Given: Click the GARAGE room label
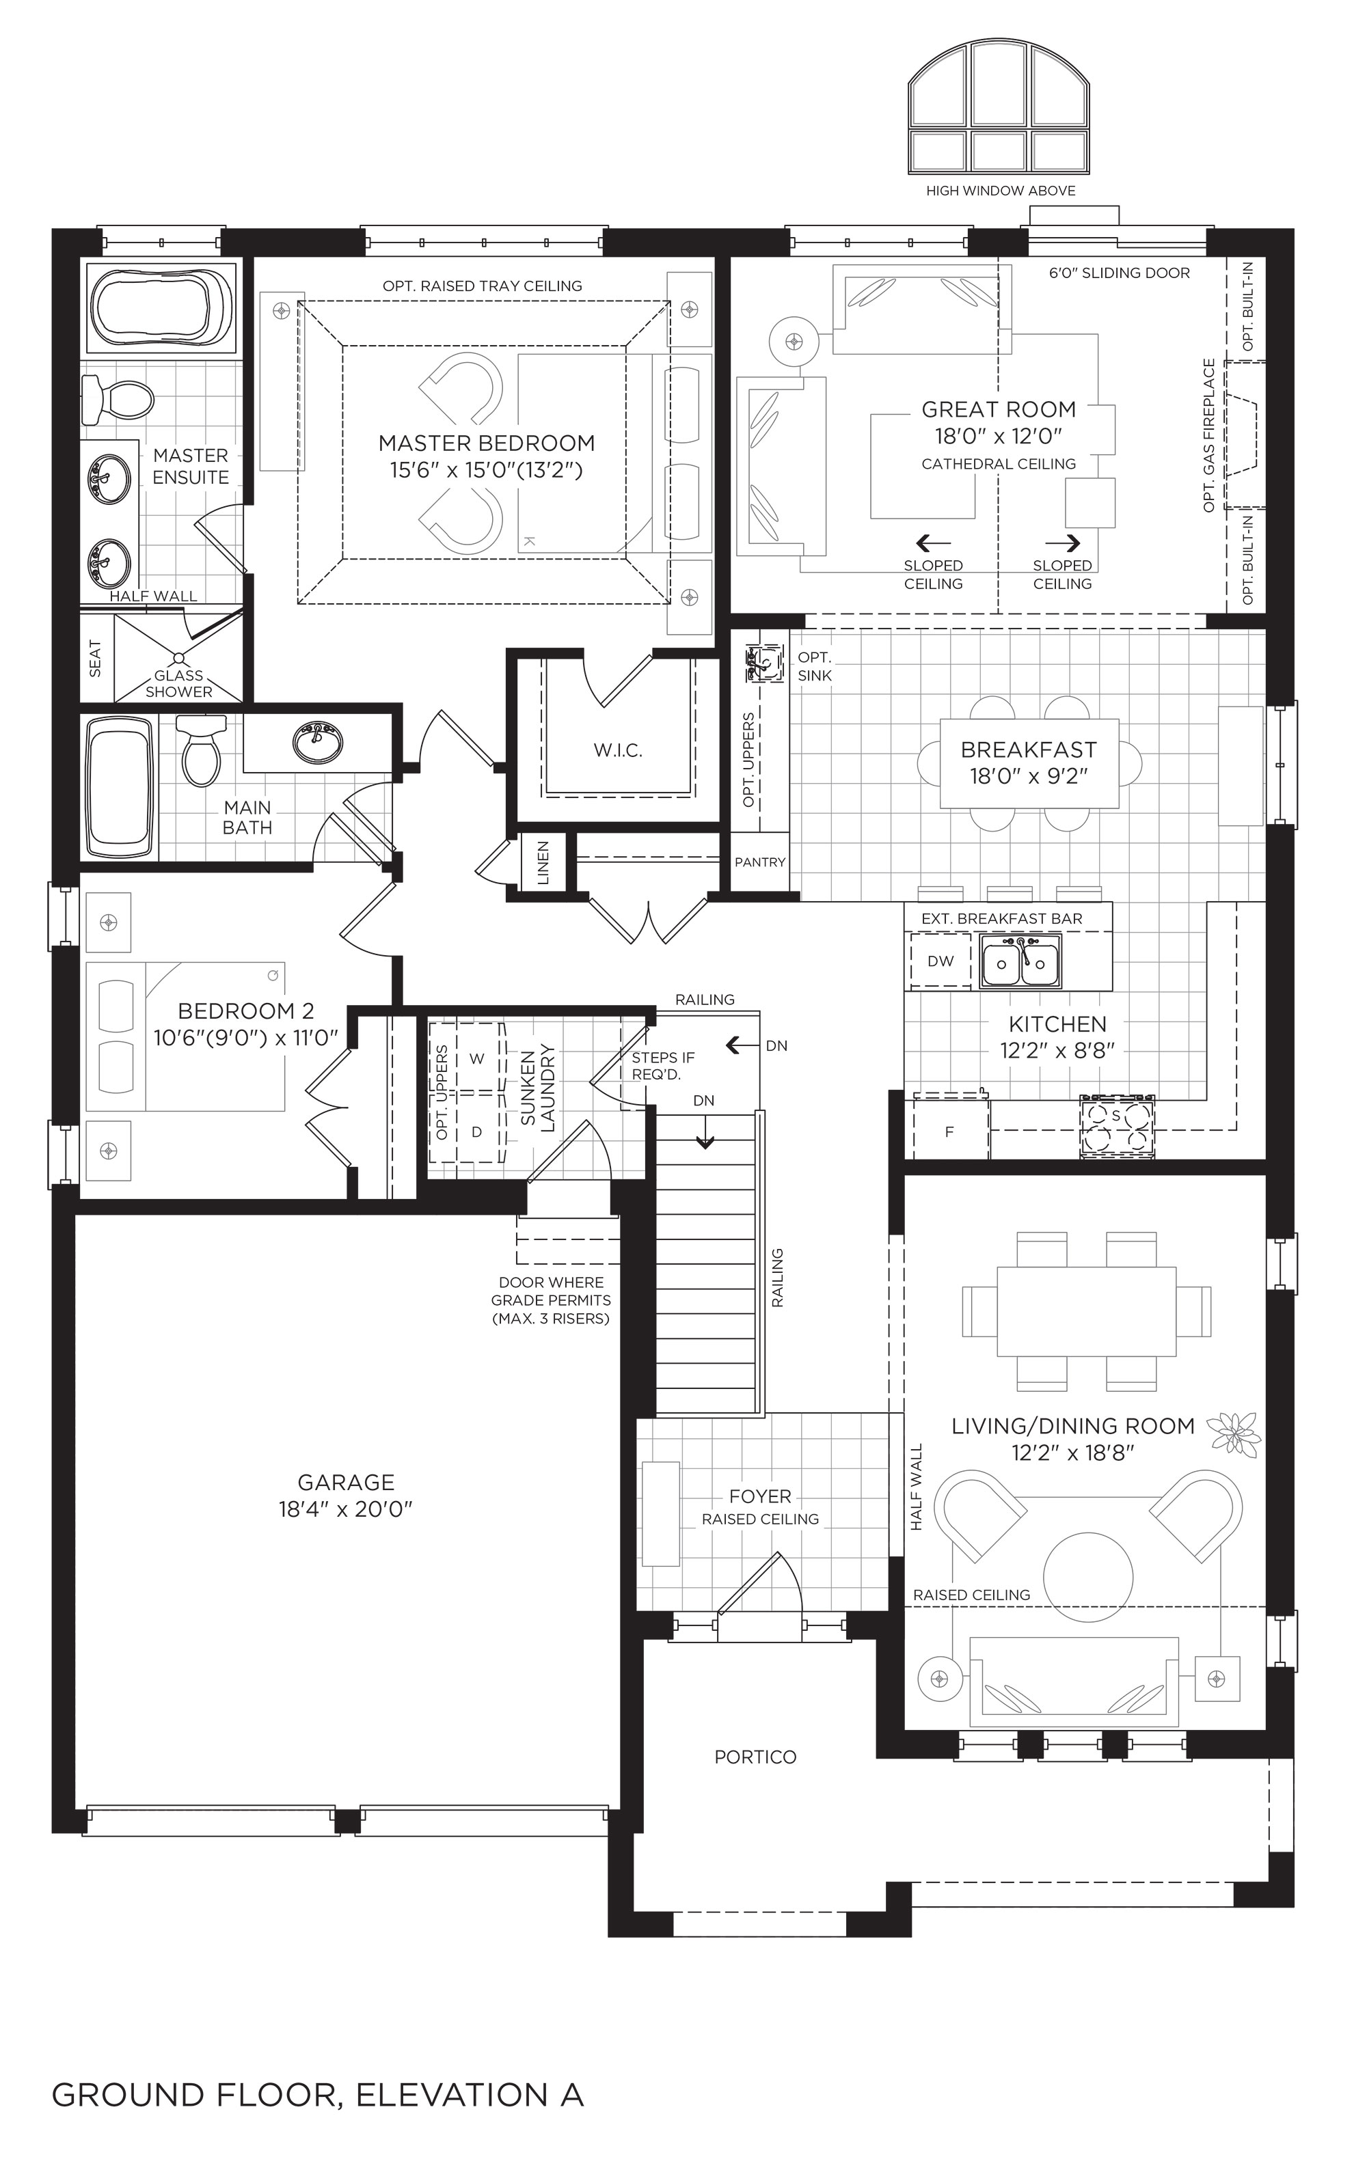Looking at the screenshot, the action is click(347, 1482).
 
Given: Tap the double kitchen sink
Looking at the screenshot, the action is click(1020, 961).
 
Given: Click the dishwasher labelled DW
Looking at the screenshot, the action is click(940, 961).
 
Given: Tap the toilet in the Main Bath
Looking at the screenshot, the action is click(200, 750).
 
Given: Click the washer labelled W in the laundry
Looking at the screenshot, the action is click(477, 1058).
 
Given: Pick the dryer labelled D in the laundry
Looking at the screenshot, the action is click(477, 1131).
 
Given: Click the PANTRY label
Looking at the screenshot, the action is click(760, 862).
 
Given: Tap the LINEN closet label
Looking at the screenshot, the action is click(543, 863).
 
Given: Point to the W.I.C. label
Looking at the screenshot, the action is click(618, 750).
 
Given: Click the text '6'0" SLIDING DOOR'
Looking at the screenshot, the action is click(1119, 273).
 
